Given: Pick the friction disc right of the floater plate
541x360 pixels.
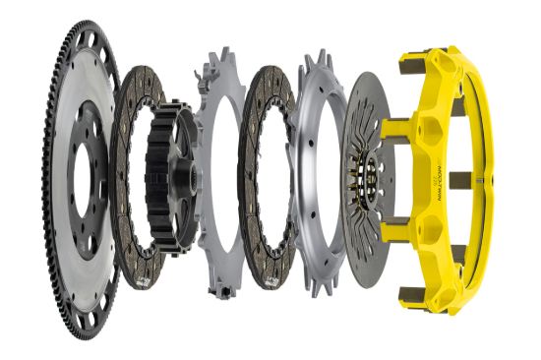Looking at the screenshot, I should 258,108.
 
